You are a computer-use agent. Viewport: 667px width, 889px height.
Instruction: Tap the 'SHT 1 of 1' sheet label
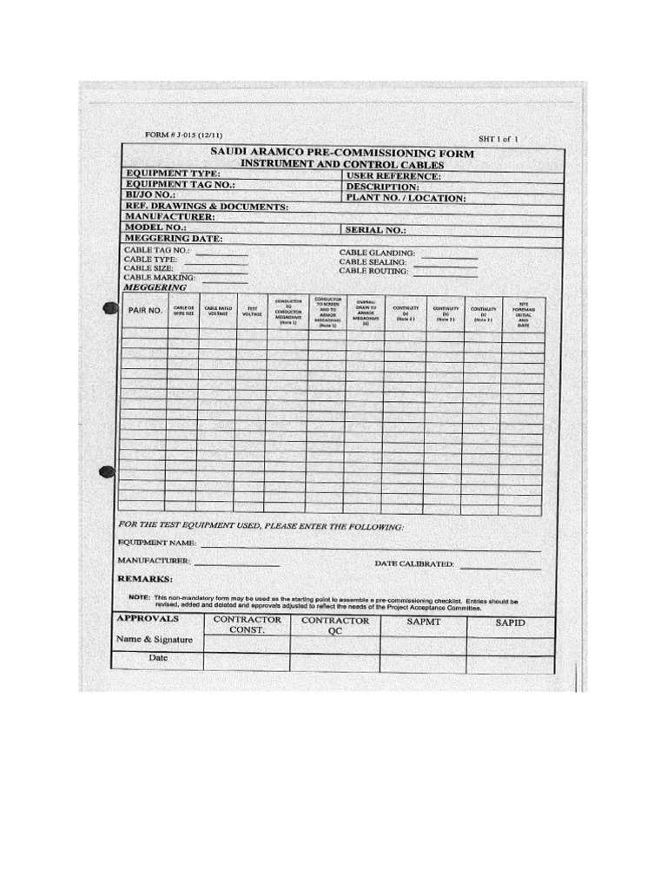coord(500,138)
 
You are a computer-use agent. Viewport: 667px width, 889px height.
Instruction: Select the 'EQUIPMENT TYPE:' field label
coord(173,174)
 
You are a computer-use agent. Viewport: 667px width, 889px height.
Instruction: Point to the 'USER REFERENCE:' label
coord(393,176)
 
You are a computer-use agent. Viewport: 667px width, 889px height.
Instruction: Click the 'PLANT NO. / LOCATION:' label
coord(406,198)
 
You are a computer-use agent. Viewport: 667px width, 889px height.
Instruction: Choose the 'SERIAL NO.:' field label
coord(375,230)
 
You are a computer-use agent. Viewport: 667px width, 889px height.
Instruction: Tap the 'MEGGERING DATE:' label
coord(174,238)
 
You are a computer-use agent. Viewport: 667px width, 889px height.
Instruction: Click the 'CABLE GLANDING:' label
coord(377,253)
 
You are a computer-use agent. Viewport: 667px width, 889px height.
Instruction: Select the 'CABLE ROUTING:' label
coord(373,271)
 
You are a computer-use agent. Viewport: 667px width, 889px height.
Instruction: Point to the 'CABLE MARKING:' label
coord(160,277)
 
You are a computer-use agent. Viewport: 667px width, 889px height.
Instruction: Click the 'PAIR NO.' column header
coord(145,309)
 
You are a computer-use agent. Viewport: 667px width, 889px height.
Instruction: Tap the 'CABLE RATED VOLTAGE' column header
coord(217,310)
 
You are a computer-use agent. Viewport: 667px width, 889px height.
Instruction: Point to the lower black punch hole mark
coord(107,472)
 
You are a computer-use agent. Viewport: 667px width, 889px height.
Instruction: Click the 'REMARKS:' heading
coord(145,578)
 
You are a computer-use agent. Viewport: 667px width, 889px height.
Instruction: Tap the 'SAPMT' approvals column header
coord(423,622)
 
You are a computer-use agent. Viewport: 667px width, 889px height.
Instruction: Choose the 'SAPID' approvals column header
coord(511,622)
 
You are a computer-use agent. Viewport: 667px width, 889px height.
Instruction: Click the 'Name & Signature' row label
coord(155,640)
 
